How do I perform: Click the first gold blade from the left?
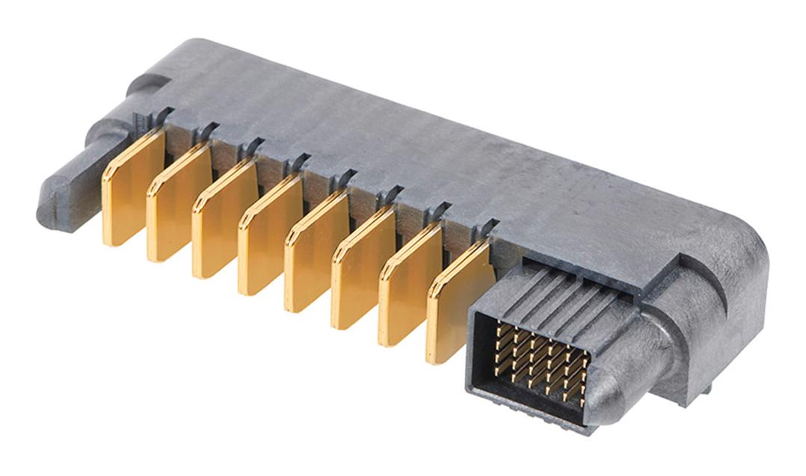132,188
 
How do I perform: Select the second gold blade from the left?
177,204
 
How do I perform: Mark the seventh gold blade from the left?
408,285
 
